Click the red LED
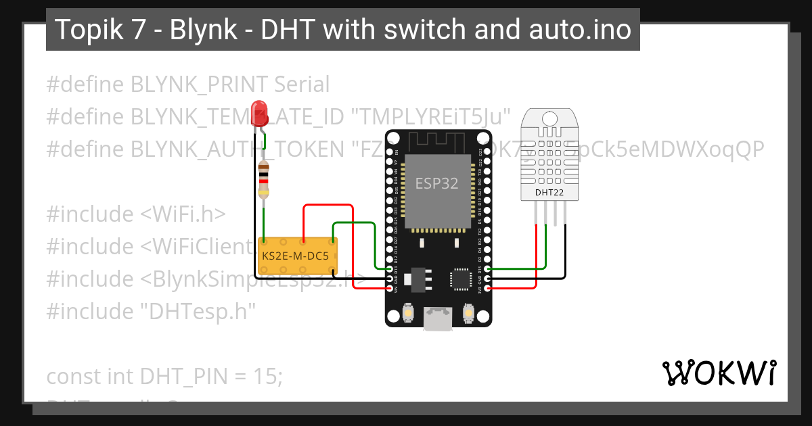click(258, 113)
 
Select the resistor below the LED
click(264, 181)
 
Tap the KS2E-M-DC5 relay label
click(295, 257)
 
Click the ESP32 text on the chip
click(436, 183)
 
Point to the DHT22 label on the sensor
click(549, 193)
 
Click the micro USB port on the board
click(438, 319)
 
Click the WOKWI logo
click(719, 373)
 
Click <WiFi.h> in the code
click(183, 214)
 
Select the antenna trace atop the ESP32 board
click(436, 140)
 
